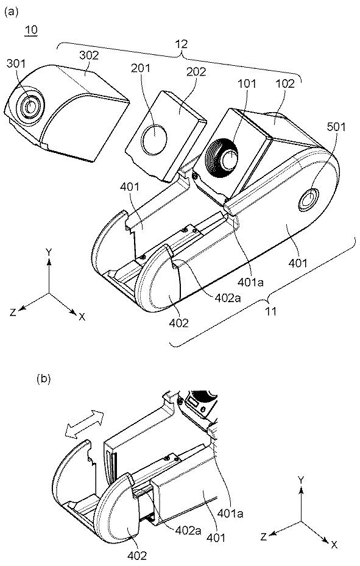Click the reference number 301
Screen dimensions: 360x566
(16, 63)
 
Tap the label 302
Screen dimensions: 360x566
(89, 55)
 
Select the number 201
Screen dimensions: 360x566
(141, 68)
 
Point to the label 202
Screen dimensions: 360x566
(196, 71)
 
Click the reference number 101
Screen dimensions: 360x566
(247, 83)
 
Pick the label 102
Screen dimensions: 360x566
(285, 83)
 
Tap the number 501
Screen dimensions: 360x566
(336, 126)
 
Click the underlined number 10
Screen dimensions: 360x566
(31, 30)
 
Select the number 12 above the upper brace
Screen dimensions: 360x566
(182, 44)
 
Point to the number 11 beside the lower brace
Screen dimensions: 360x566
(271, 311)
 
